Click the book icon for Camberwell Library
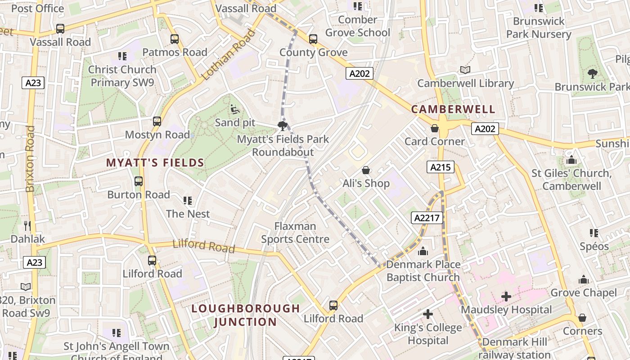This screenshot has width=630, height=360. pyautogui.click(x=465, y=70)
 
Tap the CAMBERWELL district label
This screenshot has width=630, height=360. pyautogui.click(x=453, y=109)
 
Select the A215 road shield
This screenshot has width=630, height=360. pyautogui.click(x=440, y=167)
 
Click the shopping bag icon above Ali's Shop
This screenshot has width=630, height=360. pyautogui.click(x=366, y=170)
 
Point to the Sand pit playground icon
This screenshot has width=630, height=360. pyautogui.click(x=234, y=109)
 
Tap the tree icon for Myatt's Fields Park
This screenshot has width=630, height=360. pyautogui.click(x=283, y=126)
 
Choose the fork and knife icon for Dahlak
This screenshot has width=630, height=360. pyautogui.click(x=27, y=225)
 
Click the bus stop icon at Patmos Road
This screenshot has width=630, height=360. pyautogui.click(x=175, y=39)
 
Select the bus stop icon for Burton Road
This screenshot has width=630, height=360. pyautogui.click(x=139, y=181)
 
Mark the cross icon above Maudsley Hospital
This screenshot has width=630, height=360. pyautogui.click(x=506, y=297)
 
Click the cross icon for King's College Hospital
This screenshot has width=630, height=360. pyautogui.click(x=428, y=314)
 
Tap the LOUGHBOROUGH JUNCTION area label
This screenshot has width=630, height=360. pyautogui.click(x=245, y=315)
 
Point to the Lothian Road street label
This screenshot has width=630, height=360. pyautogui.click(x=228, y=55)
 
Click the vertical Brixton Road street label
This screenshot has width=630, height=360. pyautogui.click(x=30, y=159)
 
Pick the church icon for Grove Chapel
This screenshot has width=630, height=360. pyautogui.click(x=584, y=279)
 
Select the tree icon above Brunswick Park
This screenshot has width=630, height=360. pyautogui.click(x=592, y=74)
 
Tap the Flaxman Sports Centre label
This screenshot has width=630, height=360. pyautogui.click(x=295, y=233)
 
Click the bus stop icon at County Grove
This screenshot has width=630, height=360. pyautogui.click(x=313, y=39)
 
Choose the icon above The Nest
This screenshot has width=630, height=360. pyautogui.click(x=188, y=200)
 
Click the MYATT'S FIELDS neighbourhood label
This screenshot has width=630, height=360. pyautogui.click(x=155, y=163)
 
